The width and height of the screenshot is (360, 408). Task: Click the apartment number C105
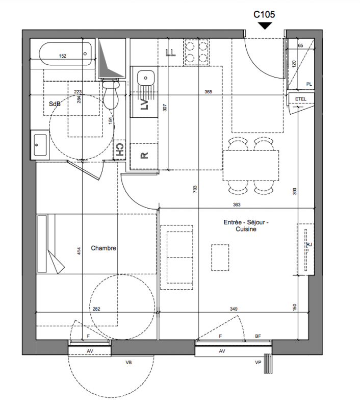[x=264, y=15]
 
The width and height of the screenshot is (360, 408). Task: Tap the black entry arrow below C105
[x=265, y=26]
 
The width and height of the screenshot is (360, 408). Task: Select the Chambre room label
[x=104, y=248]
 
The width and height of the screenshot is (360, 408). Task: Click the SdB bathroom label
[x=55, y=104]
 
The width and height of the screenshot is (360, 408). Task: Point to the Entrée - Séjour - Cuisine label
[x=246, y=225]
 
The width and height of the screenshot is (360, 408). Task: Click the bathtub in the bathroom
[x=65, y=54]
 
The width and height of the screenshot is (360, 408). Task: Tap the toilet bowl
[x=111, y=95]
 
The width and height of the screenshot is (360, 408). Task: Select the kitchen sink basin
[x=146, y=78]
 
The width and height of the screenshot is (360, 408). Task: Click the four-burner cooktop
[x=196, y=52]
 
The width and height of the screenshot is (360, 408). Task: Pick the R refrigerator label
[x=144, y=156]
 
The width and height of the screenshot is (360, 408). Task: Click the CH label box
[x=119, y=150]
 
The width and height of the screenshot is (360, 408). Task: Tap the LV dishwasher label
[x=145, y=105]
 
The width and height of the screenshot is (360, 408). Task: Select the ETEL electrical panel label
[x=301, y=99]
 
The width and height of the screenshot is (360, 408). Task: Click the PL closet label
[x=309, y=84]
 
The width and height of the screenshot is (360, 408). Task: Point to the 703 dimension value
[x=195, y=189]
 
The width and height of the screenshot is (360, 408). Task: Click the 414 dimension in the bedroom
[x=79, y=251]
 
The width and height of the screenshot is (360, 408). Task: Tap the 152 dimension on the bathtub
[x=62, y=56]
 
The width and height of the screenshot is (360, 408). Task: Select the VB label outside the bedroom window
[x=128, y=362]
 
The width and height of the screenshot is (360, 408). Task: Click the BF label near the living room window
[x=258, y=336]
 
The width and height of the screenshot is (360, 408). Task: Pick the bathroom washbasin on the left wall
[x=40, y=145]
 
